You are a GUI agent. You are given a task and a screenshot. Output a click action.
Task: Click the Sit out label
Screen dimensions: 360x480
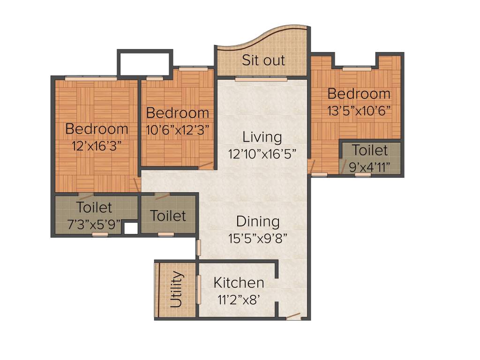point(263,60)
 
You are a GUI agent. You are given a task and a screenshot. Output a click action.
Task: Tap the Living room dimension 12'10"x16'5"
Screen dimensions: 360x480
point(262,154)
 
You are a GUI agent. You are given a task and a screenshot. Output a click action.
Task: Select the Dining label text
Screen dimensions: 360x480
point(258,221)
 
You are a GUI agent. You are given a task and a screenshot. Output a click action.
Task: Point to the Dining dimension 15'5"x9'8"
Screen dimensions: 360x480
point(258,238)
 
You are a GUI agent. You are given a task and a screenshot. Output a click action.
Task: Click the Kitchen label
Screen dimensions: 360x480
point(239,283)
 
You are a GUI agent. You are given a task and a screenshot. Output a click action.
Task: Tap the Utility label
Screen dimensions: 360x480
point(176,289)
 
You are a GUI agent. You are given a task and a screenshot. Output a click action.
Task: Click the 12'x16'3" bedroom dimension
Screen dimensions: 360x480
point(97,145)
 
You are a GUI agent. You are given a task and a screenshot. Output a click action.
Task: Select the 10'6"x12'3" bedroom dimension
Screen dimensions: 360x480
point(178,129)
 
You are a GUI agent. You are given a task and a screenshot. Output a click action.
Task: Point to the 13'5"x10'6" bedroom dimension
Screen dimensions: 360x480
point(359,110)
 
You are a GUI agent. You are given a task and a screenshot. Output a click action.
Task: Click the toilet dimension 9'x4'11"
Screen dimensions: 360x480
point(370,167)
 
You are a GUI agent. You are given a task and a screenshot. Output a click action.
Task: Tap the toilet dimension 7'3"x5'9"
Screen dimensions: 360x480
point(94,224)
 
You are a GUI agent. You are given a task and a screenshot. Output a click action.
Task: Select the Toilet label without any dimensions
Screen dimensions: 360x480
point(168,216)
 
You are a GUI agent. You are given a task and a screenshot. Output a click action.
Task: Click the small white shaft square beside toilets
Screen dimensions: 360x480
point(131,228)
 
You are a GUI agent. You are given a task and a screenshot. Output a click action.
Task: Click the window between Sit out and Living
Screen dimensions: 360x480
point(261,79)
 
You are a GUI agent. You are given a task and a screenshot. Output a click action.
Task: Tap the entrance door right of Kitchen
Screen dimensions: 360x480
point(293,317)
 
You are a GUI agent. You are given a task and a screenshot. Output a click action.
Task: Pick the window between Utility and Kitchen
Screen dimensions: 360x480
point(199,290)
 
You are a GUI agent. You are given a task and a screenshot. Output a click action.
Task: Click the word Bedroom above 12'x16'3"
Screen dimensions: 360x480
point(97,128)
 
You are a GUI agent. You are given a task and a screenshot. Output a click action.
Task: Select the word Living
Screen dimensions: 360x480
point(262,137)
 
